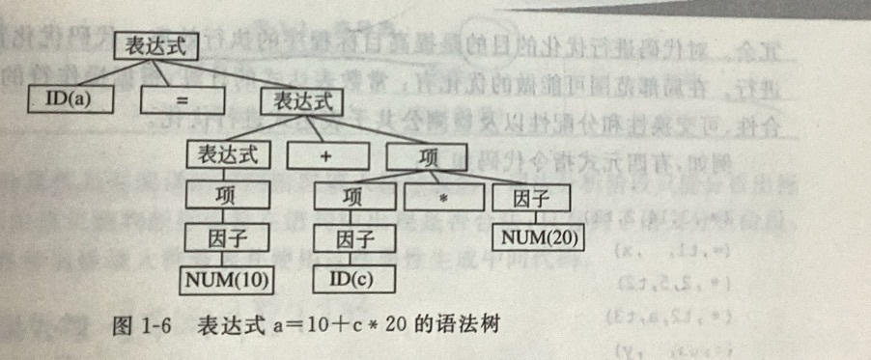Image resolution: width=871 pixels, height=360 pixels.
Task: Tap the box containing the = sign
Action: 183,98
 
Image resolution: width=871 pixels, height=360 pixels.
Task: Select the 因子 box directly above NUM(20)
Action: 530,198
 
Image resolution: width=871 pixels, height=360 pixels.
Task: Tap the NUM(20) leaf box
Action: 542,237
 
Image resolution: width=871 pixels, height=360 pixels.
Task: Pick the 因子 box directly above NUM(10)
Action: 225,238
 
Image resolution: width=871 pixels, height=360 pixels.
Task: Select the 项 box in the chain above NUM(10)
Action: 225,198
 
